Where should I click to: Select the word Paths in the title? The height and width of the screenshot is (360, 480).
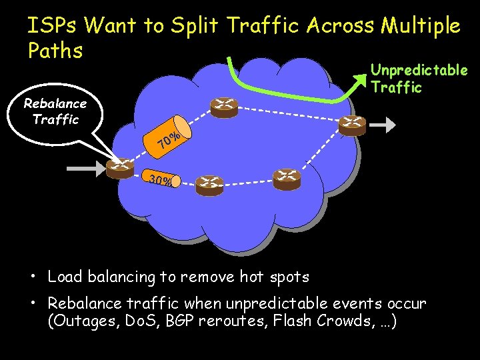tap(55, 51)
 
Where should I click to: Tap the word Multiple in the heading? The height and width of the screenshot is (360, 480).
tap(421, 26)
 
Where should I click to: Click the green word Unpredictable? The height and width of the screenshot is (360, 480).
tap(419, 70)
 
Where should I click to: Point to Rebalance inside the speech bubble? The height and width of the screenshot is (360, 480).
tap(55, 104)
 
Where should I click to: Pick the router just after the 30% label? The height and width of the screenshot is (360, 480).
tap(210, 185)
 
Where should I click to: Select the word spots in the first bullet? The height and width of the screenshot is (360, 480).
tap(291, 276)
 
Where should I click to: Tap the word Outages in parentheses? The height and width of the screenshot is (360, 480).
tap(77, 321)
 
